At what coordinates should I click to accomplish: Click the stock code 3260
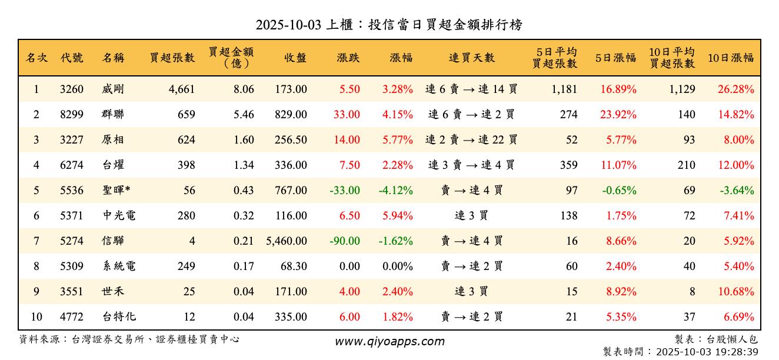click(x=72, y=89)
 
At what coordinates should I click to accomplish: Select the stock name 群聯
click(x=113, y=115)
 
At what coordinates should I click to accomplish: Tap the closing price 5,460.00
click(x=287, y=241)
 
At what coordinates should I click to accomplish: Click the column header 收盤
click(x=295, y=58)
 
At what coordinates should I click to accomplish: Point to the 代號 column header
click(x=72, y=58)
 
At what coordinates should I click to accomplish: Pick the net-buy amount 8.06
click(x=244, y=89)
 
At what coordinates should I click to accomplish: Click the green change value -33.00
click(x=345, y=191)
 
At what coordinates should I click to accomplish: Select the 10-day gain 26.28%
click(x=735, y=89)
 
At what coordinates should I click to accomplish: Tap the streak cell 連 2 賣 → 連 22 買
click(x=471, y=140)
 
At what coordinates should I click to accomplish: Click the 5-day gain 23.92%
click(x=618, y=115)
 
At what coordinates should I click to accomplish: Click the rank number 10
click(x=36, y=317)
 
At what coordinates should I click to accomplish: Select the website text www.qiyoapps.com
click(x=389, y=341)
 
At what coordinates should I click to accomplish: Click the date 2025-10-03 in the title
click(x=288, y=25)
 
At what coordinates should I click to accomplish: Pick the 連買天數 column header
click(x=471, y=58)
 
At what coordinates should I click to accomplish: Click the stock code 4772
click(x=72, y=317)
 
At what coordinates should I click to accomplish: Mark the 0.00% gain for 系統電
click(x=398, y=266)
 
